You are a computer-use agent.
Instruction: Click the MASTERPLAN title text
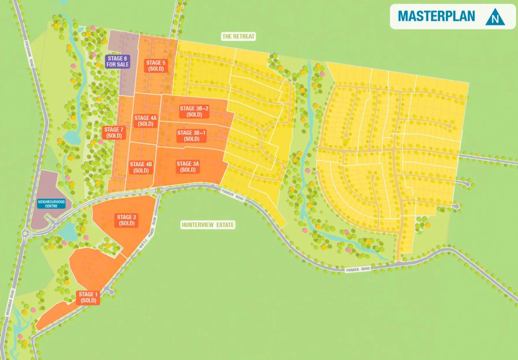436,16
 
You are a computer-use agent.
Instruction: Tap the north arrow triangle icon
495,17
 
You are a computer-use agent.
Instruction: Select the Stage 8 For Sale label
118,62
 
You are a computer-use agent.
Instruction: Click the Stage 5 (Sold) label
156,66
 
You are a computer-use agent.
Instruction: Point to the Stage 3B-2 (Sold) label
194,111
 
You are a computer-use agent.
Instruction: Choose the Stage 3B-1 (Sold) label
191,136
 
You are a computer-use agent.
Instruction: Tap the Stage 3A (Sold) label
188,167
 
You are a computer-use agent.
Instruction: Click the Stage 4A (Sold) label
145,121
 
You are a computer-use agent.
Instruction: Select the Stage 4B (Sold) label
141,167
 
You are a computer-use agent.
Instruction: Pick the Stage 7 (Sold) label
114,133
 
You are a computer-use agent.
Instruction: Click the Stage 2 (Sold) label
127,220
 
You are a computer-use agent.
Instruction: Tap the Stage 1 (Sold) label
88,297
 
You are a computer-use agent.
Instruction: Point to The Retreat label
239,36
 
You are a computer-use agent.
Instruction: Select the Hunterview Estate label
208,225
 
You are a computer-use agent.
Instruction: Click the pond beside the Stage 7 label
72,138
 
